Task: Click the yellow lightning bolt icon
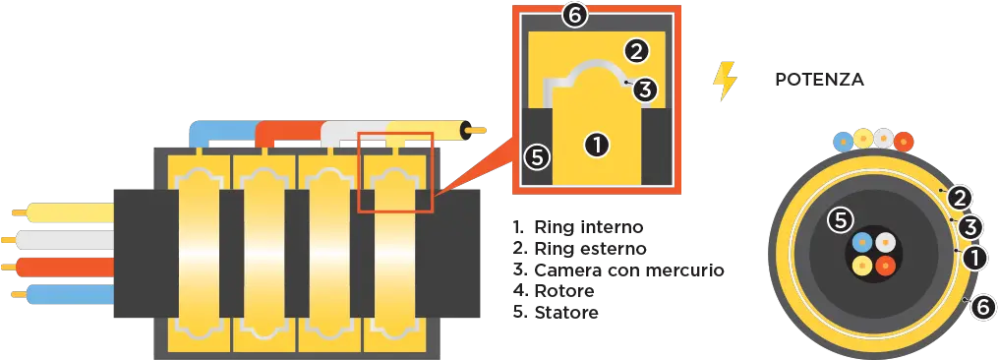pyautogui.click(x=725, y=81)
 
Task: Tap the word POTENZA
pyautogui.click(x=820, y=81)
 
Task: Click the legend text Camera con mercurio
pyautogui.click(x=618, y=270)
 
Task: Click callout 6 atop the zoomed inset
pyautogui.click(x=574, y=16)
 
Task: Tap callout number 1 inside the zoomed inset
pyautogui.click(x=597, y=145)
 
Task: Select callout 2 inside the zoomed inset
pyautogui.click(x=636, y=51)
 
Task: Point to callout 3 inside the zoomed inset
pyautogui.click(x=645, y=90)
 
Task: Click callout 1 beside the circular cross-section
pyautogui.click(x=974, y=259)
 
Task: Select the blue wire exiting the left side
pyautogui.click(x=62, y=294)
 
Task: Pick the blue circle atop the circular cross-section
pyautogui.click(x=844, y=141)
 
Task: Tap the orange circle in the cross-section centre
pyautogui.click(x=885, y=265)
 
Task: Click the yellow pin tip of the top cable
pyautogui.click(x=477, y=131)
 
